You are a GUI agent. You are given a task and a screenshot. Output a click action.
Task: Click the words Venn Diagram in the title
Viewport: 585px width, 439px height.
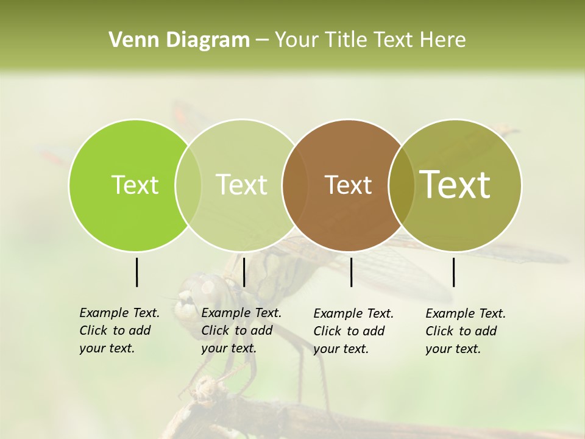[179, 40]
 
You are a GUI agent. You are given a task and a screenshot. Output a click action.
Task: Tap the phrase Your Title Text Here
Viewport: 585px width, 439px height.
[370, 40]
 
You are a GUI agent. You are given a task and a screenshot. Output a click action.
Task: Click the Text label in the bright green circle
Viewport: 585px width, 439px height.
[135, 185]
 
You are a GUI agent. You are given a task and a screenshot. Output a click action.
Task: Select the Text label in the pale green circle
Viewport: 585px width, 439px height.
[241, 185]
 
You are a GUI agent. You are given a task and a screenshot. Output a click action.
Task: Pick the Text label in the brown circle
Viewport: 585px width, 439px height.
[348, 185]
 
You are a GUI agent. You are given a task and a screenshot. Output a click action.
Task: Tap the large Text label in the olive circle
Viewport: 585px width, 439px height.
[455, 184]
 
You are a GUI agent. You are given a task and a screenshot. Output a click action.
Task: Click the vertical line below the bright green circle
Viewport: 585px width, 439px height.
[136, 272]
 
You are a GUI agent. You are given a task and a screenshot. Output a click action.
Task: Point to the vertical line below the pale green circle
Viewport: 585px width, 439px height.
[244, 272]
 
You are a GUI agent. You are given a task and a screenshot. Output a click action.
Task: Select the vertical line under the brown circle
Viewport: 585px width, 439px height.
[351, 272]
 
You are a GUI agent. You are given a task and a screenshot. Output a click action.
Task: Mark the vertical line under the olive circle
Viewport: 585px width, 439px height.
[453, 272]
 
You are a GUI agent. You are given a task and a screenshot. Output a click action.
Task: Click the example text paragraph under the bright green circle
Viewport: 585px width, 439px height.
[119, 330]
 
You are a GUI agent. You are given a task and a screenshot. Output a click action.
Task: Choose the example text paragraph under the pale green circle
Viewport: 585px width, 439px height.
[241, 330]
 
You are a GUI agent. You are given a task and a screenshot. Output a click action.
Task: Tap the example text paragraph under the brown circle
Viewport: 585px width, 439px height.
[353, 331]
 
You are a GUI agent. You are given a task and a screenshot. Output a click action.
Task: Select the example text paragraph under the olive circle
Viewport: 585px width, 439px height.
[465, 331]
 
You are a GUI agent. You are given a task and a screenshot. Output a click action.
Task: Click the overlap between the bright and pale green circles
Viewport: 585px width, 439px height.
[188, 185]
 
